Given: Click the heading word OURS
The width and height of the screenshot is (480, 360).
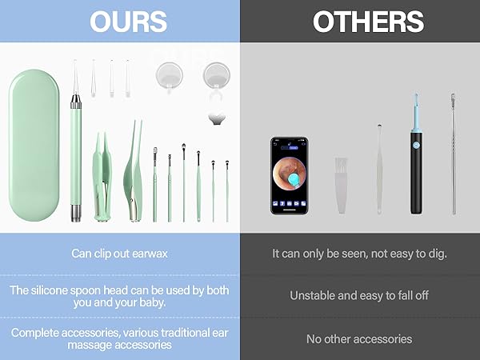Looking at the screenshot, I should pyautogui.click(x=119, y=22).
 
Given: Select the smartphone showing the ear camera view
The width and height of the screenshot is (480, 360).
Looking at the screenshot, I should pyautogui.click(x=288, y=174).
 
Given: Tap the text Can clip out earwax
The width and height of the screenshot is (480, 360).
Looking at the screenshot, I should pyautogui.click(x=119, y=254).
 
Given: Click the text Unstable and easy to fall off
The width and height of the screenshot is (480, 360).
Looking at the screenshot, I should pyautogui.click(x=359, y=295).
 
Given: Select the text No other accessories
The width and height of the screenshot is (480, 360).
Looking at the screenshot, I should pyautogui.click(x=359, y=338).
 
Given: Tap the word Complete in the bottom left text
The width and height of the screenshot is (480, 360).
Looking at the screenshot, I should pyautogui.click(x=37, y=332).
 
